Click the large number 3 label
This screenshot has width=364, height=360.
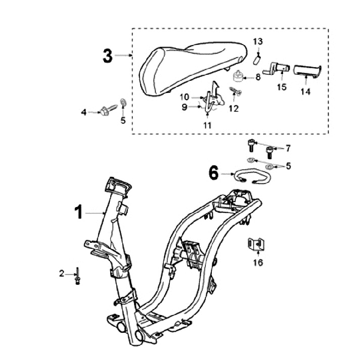[108, 56]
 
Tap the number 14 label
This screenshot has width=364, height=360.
[305, 92]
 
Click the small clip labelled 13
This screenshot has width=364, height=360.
[256, 59]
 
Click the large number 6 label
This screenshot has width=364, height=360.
[213, 174]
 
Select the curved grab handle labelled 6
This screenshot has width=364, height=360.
[250, 177]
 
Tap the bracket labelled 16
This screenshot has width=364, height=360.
[256, 245]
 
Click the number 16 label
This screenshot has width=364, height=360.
[258, 263]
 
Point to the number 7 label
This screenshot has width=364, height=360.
[288, 148]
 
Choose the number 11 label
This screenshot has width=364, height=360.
[208, 124]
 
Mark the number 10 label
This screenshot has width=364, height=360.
[184, 97]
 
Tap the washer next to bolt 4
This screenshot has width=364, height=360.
[123, 107]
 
